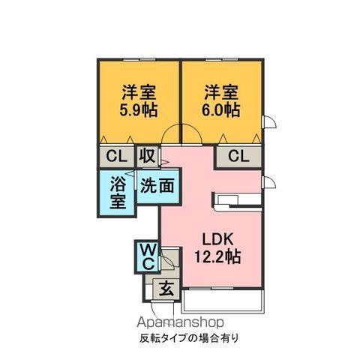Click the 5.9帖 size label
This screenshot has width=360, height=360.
[x=139, y=109]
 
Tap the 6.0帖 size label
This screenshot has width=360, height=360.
[x=220, y=109]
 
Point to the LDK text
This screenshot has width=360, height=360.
[x=217, y=239]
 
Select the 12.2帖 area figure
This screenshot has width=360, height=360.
[x=217, y=256]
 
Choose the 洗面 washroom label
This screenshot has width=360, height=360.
[x=157, y=186]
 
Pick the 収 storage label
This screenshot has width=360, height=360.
[x=148, y=156]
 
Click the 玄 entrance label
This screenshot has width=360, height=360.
[x=166, y=288]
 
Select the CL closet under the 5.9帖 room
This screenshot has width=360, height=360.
[x=117, y=157]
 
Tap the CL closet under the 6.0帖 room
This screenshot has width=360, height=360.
[x=239, y=157]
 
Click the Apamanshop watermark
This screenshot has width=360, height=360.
[x=180, y=322]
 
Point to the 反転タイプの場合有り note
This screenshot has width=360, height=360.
[x=189, y=338]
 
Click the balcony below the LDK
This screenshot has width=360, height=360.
[x=223, y=301]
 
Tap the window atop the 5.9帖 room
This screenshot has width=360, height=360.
[x=139, y=59]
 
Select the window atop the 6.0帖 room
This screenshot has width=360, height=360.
[x=222, y=59]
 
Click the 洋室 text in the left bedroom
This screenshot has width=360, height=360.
[x=139, y=92]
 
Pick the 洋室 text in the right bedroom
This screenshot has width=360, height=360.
[x=221, y=92]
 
